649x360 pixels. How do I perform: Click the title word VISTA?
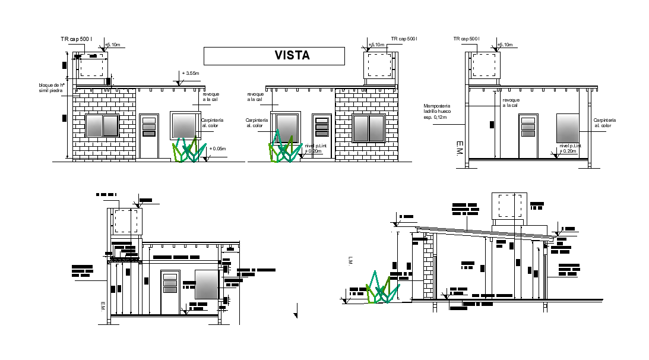tap(292, 55)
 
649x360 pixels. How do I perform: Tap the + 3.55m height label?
tap(190, 74)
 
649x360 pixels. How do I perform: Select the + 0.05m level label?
tap(217, 149)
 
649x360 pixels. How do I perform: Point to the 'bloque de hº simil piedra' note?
tap(50, 88)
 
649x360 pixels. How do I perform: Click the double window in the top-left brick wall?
tap(102, 126)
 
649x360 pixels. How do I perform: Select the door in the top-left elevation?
tap(149, 136)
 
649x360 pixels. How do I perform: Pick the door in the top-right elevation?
tap(528, 136)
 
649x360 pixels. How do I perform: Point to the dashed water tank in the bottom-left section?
tap(125, 221)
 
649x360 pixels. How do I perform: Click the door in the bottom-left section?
tap(170, 292)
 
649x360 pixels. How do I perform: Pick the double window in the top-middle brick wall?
tap(368, 128)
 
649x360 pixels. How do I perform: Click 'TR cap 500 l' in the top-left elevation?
tap(76, 39)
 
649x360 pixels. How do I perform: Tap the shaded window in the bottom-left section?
tap(206, 285)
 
